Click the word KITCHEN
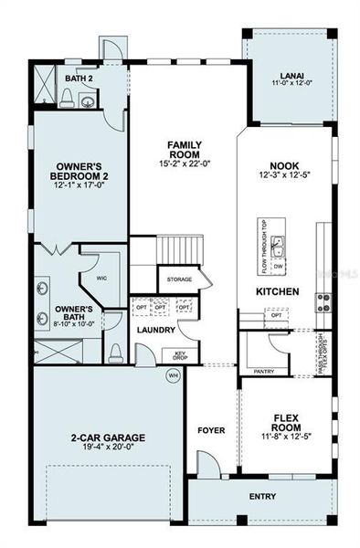pos(278,291)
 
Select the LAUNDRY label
pos(155,330)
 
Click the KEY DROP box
pos(182,356)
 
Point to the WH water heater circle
pos(172,374)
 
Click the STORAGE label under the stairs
pos(180,279)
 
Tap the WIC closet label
pos(102,278)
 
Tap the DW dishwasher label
pos(278,266)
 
